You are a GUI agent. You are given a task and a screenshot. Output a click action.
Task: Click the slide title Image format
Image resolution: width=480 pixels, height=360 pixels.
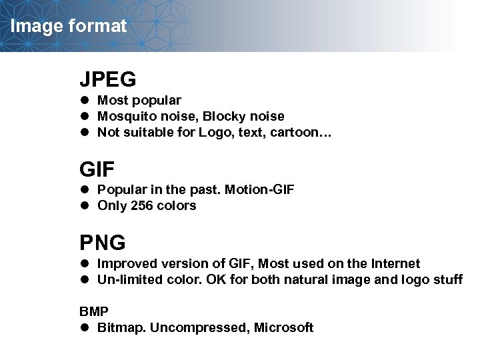[x=69, y=27]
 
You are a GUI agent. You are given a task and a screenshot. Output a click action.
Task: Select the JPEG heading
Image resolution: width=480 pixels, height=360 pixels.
[x=108, y=79]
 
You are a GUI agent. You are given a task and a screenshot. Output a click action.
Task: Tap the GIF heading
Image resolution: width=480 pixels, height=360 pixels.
[x=97, y=167]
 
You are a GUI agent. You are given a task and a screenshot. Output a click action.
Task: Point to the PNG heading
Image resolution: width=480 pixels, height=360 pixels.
[x=103, y=242]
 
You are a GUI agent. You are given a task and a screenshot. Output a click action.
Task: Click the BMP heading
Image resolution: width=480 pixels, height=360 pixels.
[x=93, y=311]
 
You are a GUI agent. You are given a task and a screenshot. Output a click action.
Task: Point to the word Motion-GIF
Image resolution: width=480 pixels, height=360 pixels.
[x=259, y=190]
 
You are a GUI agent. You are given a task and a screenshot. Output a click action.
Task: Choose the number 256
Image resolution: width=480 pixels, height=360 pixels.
[x=142, y=206]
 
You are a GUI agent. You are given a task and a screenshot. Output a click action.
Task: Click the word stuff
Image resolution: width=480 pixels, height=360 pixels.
[x=447, y=280]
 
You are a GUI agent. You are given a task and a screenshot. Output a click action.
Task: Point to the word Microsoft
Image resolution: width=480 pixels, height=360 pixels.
[x=283, y=328]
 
